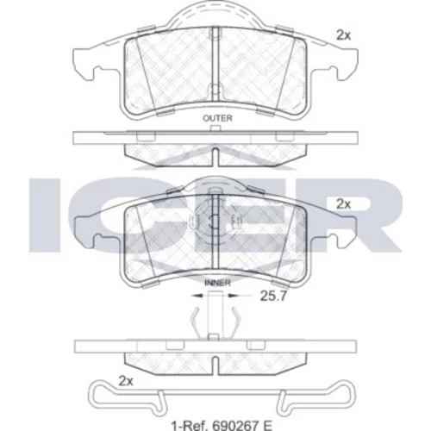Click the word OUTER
coord(217,118)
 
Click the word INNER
coord(217,283)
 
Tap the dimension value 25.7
coord(273,296)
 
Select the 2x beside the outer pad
coord(344,35)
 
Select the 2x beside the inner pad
coord(344,204)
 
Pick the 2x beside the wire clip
coord(126,381)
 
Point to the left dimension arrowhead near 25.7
coord(197,295)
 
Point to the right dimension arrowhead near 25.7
coord(233,295)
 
